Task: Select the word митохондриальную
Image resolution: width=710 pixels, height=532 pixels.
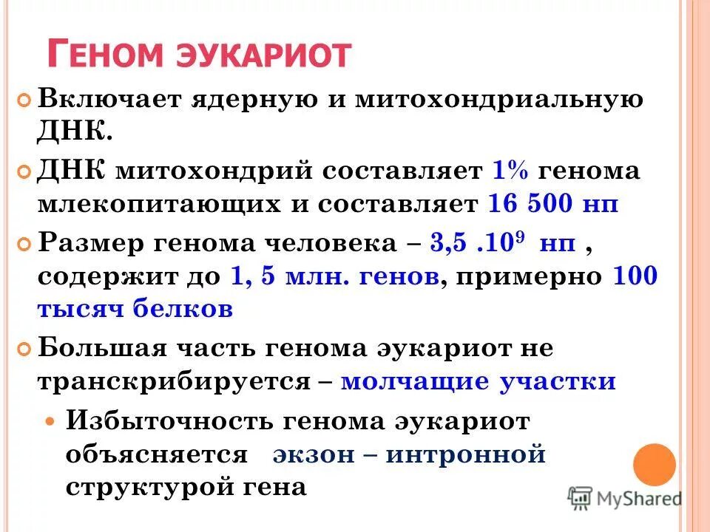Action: click(x=498, y=100)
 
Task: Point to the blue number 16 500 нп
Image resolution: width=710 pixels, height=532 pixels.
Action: click(x=553, y=203)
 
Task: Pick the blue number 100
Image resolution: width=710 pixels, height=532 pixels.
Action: click(x=635, y=276)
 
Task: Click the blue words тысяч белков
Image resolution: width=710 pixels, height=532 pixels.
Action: click(x=135, y=309)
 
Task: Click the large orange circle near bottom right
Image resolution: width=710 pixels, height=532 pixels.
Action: click(x=655, y=465)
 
